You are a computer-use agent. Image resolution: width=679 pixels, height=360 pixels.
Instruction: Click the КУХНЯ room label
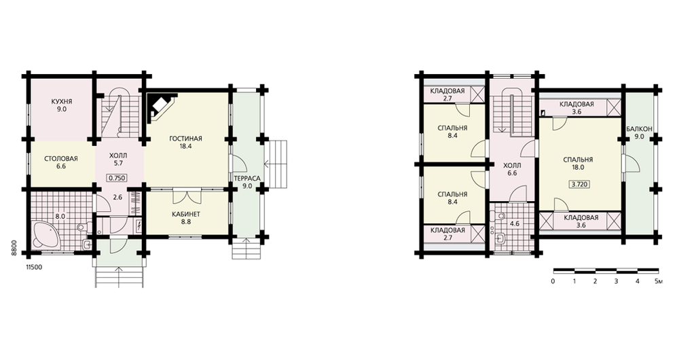[62, 102]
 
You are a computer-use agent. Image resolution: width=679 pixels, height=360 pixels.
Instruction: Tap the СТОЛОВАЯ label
[61, 158]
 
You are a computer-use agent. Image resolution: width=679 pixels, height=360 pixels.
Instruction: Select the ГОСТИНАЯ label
[186, 139]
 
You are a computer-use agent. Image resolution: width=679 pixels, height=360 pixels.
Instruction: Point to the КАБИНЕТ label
[186, 215]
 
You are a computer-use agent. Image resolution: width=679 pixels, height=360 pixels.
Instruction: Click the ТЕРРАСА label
[247, 179]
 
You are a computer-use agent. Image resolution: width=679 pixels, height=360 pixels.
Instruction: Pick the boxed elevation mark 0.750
[117, 177]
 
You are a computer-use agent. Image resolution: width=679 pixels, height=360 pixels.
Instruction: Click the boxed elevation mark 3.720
[579, 184]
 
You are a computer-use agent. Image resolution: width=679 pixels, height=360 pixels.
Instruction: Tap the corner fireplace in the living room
[161, 106]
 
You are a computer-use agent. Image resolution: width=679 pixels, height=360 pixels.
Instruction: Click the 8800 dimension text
[14, 248]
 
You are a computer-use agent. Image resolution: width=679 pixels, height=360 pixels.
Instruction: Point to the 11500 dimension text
[34, 268]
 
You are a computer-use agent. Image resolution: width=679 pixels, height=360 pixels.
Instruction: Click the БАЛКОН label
[639, 129]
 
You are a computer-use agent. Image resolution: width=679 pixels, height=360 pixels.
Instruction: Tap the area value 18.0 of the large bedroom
[579, 167]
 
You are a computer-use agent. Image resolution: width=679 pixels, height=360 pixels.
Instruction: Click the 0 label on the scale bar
[553, 282]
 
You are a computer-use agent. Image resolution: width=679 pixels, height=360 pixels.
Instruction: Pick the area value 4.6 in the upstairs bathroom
[515, 224]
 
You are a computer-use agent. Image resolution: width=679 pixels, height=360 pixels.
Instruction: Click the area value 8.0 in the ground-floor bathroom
[60, 216]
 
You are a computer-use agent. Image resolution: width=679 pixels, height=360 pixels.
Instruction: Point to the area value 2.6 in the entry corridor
[117, 197]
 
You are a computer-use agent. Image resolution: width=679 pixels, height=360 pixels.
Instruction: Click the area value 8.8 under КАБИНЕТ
[186, 222]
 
